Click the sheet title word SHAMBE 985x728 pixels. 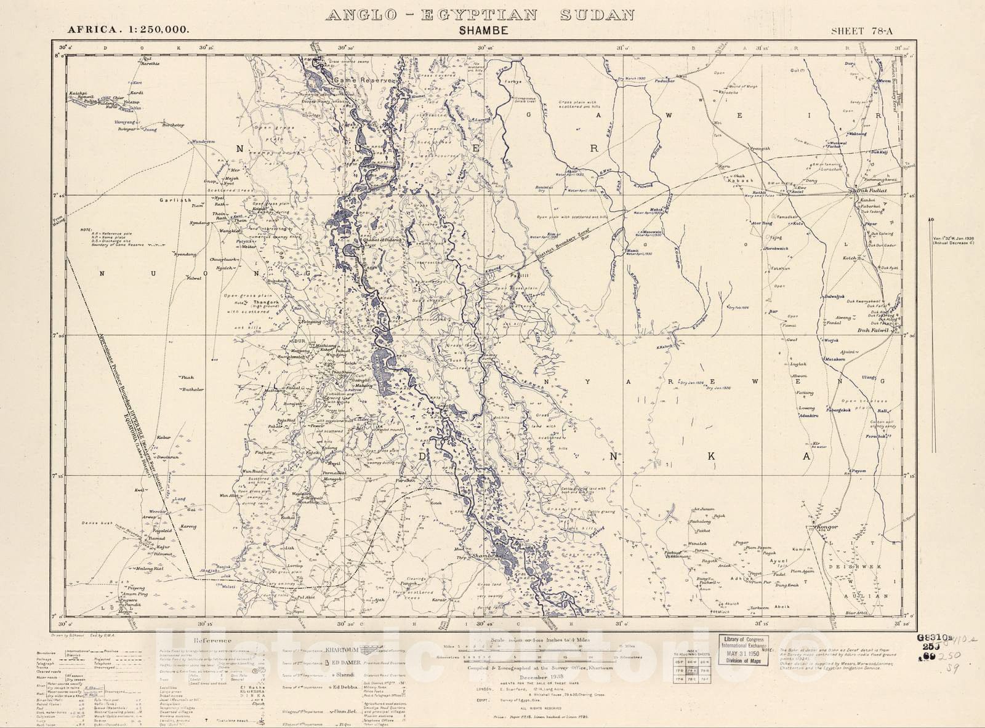tap(483, 30)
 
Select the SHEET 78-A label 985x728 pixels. tap(861, 31)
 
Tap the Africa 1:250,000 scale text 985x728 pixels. tap(128, 29)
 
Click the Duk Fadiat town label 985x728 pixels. tap(871, 191)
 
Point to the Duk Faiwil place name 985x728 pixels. tap(874, 330)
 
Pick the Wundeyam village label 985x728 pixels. tap(204, 142)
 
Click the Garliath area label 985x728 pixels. tap(175, 200)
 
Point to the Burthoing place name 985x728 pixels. tap(173, 125)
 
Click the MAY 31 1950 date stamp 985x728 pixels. tap(744, 653)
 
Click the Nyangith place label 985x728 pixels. tap(759, 148)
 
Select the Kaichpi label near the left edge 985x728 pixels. tap(78, 93)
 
